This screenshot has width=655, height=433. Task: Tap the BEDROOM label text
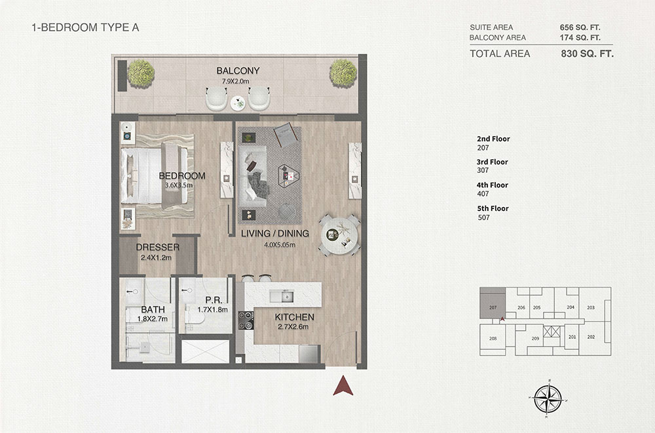pos(182,176)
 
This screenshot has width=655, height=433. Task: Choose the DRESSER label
pos(157,248)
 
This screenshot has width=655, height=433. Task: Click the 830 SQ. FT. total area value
pos(587,54)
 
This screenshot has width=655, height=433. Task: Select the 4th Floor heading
pos(493,185)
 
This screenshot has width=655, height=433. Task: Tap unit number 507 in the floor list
pos(484,217)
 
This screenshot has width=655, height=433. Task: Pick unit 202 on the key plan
pos(591,337)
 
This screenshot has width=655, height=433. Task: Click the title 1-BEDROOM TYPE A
pos(85,28)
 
